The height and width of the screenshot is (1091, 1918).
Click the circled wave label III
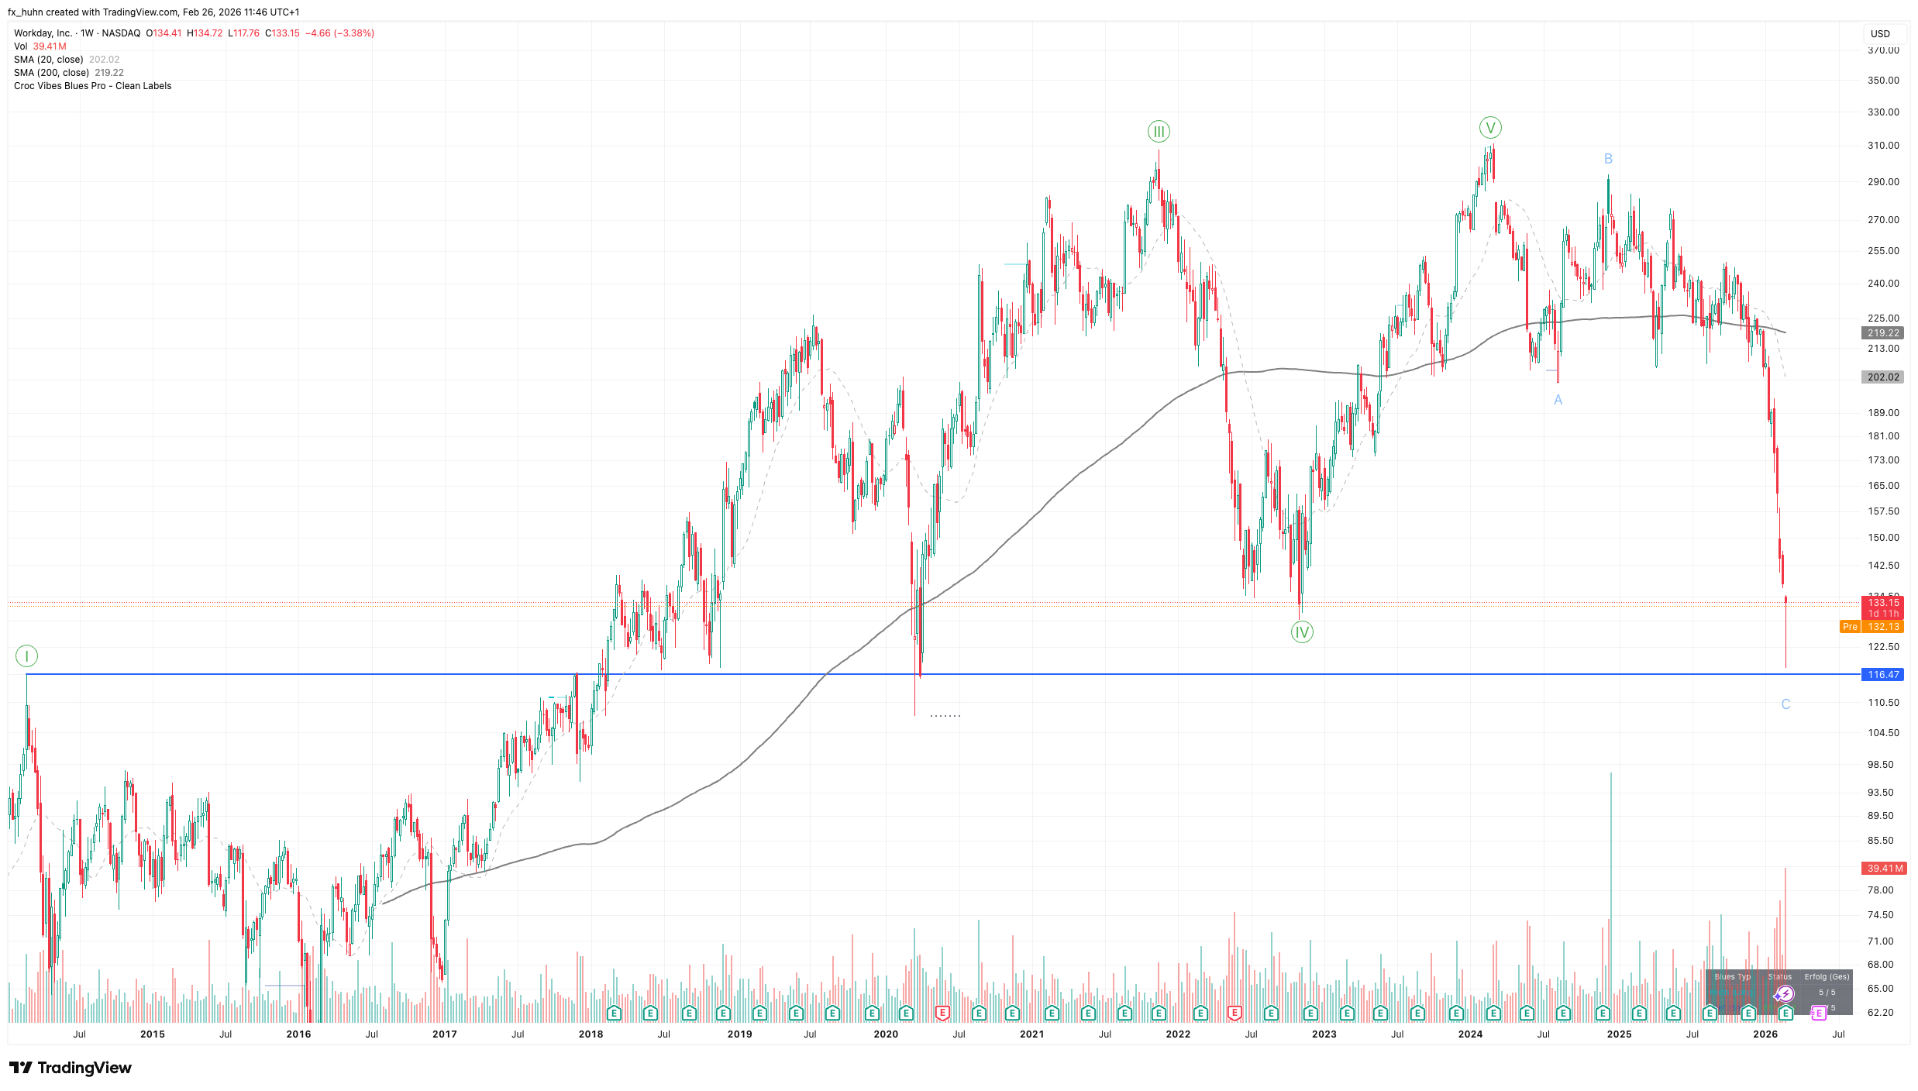point(1159,132)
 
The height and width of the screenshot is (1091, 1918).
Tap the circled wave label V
point(1489,128)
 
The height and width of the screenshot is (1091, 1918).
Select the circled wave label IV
point(1302,632)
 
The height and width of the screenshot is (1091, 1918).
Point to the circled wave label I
point(26,656)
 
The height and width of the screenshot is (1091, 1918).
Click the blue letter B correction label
point(1608,159)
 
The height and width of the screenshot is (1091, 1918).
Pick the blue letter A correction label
point(1558,400)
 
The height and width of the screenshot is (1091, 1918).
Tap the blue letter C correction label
point(1785,704)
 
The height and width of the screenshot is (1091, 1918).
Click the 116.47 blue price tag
point(1882,675)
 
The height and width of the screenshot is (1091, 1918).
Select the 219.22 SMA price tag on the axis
point(1882,333)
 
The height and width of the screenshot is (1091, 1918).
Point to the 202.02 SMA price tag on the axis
point(1882,377)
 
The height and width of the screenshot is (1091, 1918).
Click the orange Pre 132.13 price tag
point(1871,627)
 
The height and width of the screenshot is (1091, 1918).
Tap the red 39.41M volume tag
point(1882,869)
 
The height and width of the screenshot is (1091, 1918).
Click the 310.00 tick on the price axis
point(1883,146)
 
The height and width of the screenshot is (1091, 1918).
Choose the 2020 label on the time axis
point(886,1034)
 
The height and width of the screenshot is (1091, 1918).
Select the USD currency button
point(1880,34)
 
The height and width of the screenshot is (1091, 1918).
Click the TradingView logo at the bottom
point(71,1068)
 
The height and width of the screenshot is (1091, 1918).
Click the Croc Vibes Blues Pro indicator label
point(92,86)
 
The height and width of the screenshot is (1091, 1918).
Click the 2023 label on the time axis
point(1324,1034)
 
